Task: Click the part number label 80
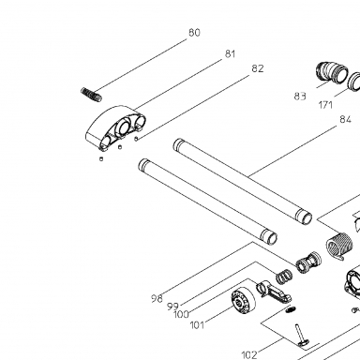(194, 33)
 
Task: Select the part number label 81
(230, 54)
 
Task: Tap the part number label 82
(258, 68)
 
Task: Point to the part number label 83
(300, 97)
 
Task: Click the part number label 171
(325, 105)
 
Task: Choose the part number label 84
(345, 119)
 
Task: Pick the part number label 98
(157, 299)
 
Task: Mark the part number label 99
(172, 307)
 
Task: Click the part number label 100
(181, 314)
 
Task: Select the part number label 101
(197, 325)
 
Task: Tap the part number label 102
(249, 355)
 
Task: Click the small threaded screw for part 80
(91, 95)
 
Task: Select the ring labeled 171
(354, 82)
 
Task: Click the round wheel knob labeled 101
(243, 300)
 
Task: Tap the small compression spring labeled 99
(284, 277)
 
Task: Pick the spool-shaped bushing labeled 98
(308, 262)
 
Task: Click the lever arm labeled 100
(274, 292)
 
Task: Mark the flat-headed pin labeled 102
(301, 336)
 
